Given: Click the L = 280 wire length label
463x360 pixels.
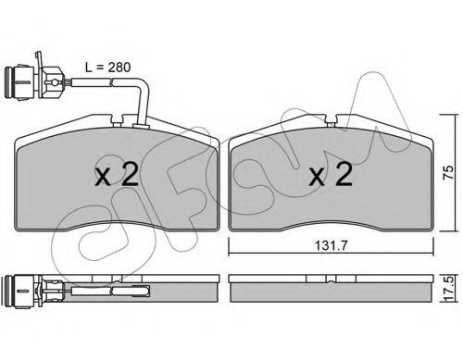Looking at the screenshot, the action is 108,68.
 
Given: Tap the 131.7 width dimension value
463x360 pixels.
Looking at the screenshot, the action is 332,246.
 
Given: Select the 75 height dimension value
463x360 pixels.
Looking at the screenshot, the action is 448,172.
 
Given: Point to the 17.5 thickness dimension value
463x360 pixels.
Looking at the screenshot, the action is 450,289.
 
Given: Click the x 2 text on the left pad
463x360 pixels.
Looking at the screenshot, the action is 117,174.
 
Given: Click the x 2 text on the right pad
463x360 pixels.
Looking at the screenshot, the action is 331,174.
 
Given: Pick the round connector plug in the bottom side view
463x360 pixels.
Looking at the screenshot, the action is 20,291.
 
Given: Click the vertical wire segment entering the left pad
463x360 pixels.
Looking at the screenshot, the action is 144,104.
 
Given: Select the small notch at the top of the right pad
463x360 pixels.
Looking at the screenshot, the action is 332,120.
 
